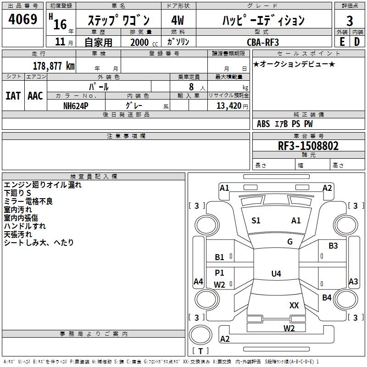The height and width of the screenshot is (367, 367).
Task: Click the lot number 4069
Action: pos(23,20)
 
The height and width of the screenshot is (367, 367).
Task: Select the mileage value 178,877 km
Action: pos(54,66)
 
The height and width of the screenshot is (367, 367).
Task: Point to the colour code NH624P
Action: pos(76,105)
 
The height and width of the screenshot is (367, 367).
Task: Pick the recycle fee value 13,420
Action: pos(229,106)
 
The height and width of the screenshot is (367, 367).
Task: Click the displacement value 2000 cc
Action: pos(141,42)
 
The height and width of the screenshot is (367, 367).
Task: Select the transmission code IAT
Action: pos(13,95)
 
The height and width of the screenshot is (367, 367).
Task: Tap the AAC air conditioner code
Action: pos(35,95)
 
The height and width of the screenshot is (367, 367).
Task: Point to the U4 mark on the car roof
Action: pos(276,274)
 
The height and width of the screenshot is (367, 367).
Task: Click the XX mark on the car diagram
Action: pos(294,305)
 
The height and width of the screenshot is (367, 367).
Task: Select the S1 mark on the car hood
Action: pos(256,221)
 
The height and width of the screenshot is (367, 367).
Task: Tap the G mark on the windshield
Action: pos(289,242)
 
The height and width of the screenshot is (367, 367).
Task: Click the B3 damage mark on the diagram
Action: pos(333,246)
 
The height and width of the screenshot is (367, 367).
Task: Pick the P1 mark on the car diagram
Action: pos(220,273)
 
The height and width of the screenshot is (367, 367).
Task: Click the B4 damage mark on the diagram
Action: pos(327,298)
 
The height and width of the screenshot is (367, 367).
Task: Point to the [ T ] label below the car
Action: pos(200,351)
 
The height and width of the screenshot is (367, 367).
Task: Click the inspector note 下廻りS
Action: pos(18,193)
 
